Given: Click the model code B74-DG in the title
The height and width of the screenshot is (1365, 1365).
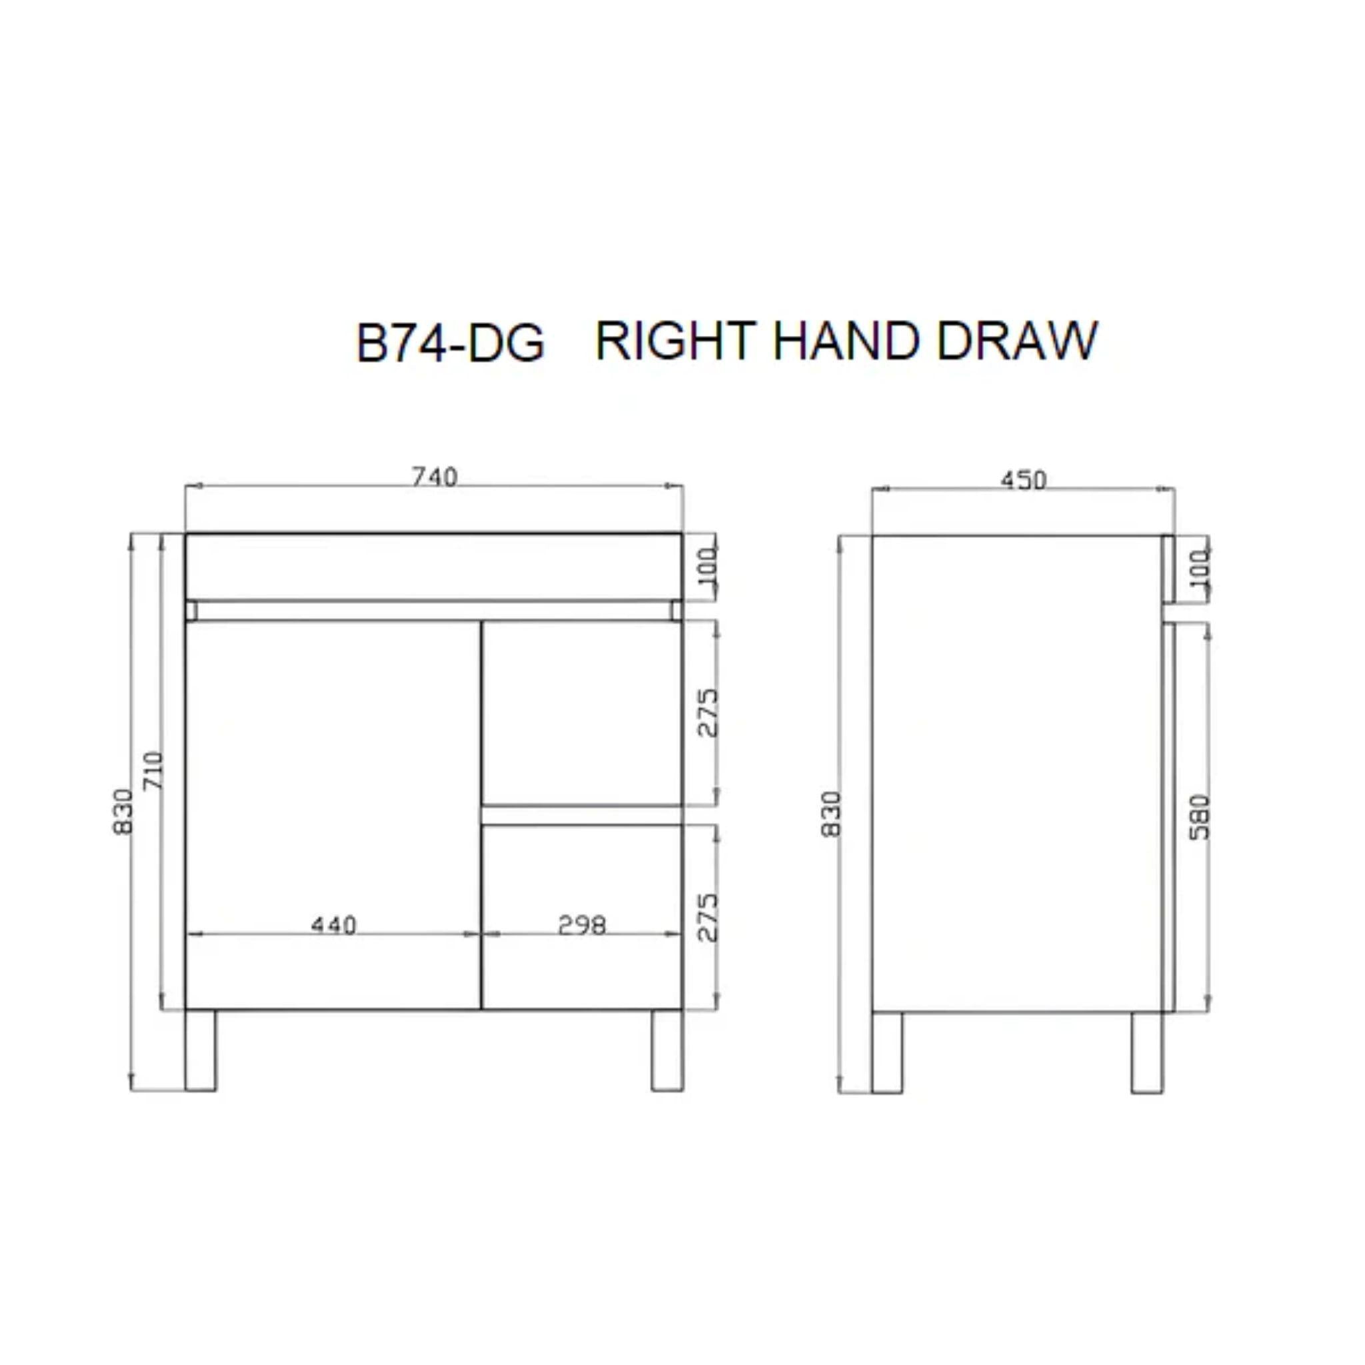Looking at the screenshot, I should [450, 343].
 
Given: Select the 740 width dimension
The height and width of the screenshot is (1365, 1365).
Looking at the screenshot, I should [435, 478].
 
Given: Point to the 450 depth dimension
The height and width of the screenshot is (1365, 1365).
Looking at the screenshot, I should [1022, 481].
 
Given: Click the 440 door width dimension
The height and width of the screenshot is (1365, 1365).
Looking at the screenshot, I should [334, 924].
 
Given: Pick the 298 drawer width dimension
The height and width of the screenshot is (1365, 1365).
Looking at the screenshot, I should [581, 924].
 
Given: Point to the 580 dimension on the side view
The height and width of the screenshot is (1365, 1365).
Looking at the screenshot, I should [1200, 817].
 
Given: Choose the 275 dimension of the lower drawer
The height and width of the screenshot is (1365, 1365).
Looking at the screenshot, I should [707, 917].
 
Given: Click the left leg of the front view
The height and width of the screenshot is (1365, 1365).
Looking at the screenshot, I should [201, 1049].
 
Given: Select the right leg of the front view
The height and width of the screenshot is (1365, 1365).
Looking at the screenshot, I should [667, 1049].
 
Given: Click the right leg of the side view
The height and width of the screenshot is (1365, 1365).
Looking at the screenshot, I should [1146, 1052].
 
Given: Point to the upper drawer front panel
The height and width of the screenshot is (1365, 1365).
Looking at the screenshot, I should [581, 712].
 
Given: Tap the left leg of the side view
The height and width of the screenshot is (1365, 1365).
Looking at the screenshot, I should [887, 1052].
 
